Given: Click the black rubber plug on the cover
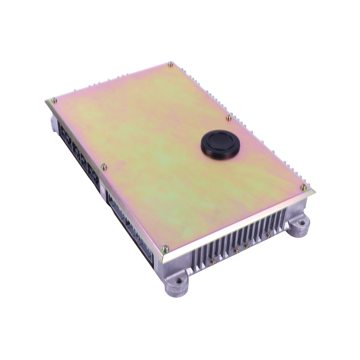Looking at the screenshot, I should (x=220, y=144).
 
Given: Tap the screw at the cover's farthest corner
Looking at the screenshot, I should (x=170, y=64).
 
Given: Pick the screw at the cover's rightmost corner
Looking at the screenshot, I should (x=303, y=187).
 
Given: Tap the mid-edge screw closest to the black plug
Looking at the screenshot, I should (x=229, y=117).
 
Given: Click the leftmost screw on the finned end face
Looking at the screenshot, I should (x=213, y=261).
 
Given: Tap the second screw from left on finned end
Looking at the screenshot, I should (x=236, y=250).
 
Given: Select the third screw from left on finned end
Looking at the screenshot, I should (x=246, y=245).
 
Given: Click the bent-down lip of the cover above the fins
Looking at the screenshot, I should (x=240, y=222).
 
